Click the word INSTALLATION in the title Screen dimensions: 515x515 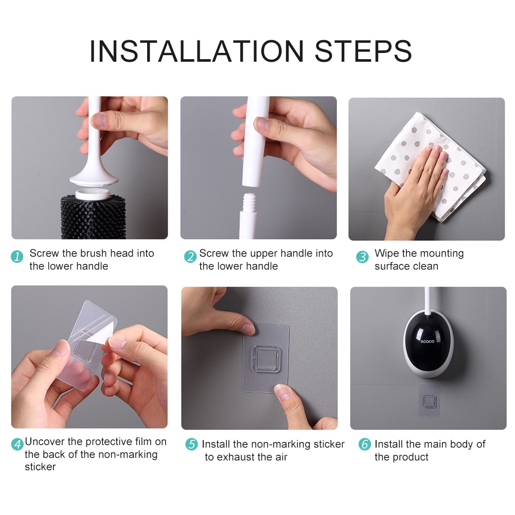click(x=197, y=51)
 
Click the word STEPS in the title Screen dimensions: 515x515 click(x=363, y=51)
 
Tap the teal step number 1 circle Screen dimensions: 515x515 click(x=17, y=257)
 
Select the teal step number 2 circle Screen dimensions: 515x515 click(x=190, y=257)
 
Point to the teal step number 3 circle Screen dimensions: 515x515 click(x=362, y=257)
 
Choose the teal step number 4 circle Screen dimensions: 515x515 click(x=17, y=445)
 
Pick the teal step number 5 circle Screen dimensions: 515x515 click(x=191, y=444)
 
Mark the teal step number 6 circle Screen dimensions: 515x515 click(x=365, y=444)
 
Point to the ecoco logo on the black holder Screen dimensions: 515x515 click(x=428, y=342)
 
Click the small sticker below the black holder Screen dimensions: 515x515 click(x=429, y=401)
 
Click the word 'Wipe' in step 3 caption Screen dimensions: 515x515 click(x=386, y=253)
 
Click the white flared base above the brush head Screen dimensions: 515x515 click(x=94, y=179)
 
